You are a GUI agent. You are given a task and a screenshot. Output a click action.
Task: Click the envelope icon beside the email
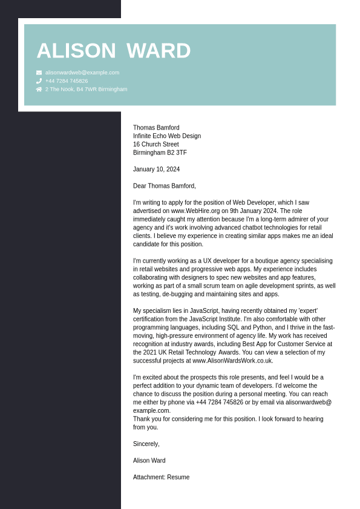coord(39,73)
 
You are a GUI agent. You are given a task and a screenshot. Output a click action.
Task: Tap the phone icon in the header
coord(39,81)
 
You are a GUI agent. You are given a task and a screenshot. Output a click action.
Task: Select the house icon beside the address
coord(39,90)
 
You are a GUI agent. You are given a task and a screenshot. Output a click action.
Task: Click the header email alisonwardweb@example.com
coord(82,73)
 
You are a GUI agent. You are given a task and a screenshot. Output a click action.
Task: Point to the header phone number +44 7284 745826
coord(67,81)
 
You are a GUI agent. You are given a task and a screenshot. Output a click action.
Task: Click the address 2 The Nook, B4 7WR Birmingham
coord(86,90)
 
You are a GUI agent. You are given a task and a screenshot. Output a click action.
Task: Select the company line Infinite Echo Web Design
coord(167,136)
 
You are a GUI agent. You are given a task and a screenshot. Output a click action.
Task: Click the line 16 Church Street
coord(156,145)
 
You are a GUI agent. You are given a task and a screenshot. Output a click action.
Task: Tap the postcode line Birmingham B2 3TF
coord(160,153)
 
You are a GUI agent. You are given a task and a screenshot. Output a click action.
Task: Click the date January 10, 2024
coord(156,169)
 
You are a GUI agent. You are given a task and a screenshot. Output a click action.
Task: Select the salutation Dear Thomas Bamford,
coord(165,186)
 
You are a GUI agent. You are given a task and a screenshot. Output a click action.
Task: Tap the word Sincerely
coord(146,444)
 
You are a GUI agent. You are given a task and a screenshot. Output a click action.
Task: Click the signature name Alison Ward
coord(149,461)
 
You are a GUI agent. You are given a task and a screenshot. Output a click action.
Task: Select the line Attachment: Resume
coord(161,478)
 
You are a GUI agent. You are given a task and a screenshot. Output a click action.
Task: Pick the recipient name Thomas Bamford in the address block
coord(156,128)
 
